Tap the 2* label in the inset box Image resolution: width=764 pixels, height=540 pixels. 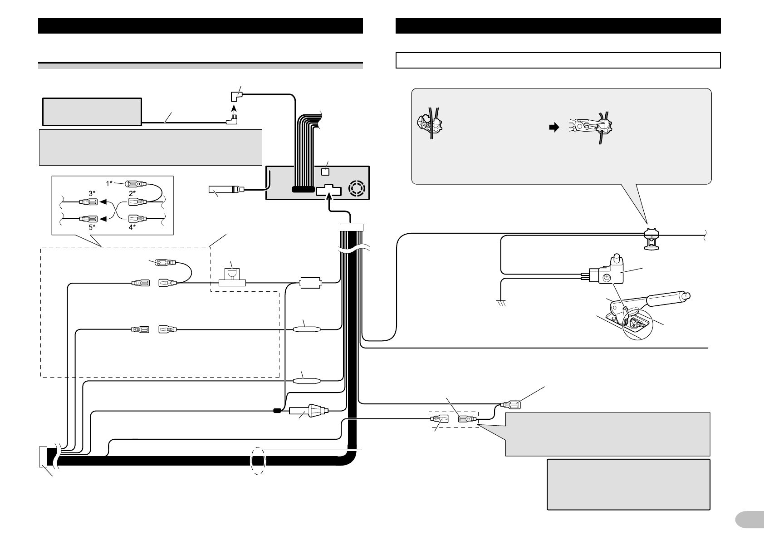pos(132,193)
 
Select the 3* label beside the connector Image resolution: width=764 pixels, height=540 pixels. pos(92,193)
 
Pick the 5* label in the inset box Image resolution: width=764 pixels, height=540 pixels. pos(92,227)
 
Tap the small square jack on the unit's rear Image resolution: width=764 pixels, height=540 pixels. pos(324,172)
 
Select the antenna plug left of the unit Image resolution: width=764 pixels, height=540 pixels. pos(226,189)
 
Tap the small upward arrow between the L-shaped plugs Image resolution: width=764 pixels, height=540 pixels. pos(234,109)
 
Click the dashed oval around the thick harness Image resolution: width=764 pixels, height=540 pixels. pos(258,461)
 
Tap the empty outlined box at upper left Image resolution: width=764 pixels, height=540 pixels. pos(92,111)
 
